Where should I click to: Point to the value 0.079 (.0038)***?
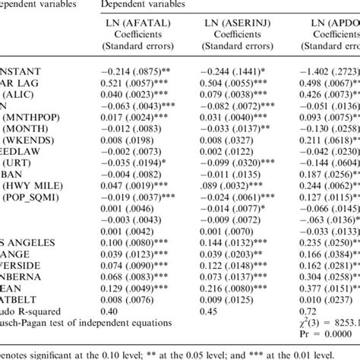(237, 96)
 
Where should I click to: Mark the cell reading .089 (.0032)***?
(237, 184)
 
